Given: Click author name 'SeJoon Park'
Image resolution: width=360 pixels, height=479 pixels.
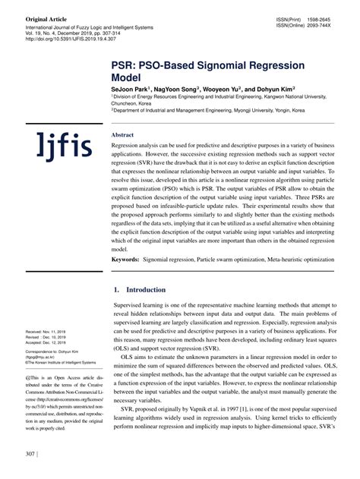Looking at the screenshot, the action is coord(131,89).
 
